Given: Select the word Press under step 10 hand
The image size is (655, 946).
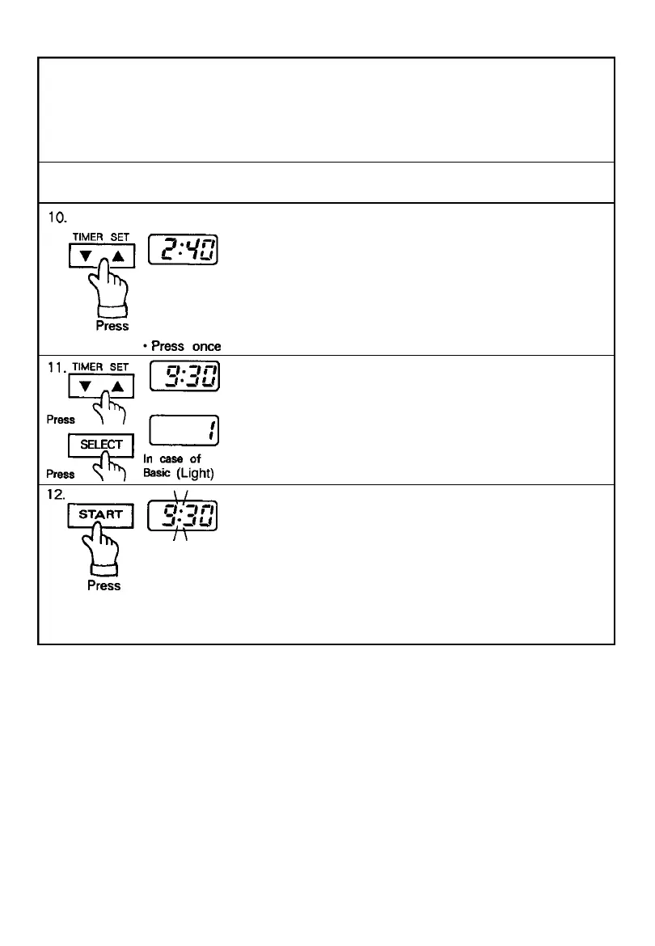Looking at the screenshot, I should coord(112,326).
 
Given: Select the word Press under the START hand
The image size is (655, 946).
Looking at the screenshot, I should coord(104,585).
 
